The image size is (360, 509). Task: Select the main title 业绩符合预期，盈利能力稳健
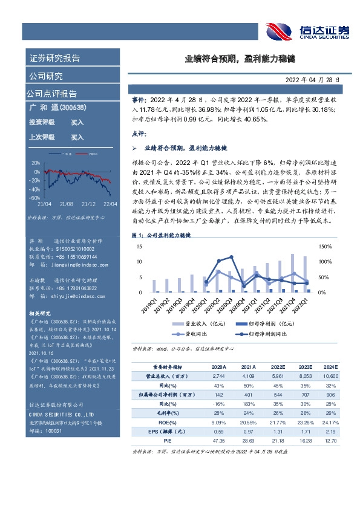pyautogui.click(x=240, y=59)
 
